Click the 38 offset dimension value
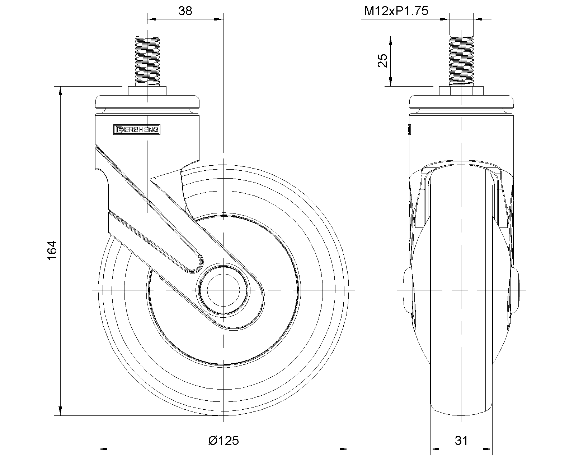(185, 11)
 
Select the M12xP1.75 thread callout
(396, 11)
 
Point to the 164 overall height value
(52, 250)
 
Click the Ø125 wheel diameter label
(224, 441)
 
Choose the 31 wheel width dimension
(461, 441)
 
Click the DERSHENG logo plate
(137, 130)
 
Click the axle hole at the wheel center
(224, 290)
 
